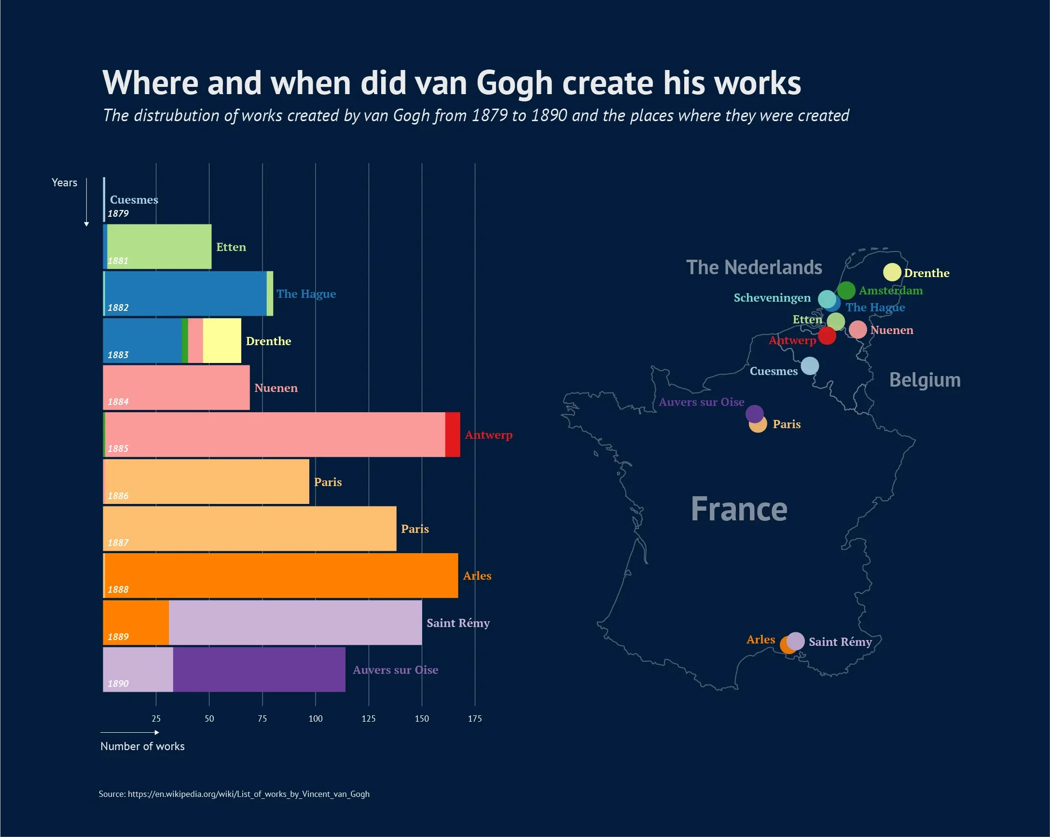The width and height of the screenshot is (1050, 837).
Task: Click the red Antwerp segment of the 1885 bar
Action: point(453,434)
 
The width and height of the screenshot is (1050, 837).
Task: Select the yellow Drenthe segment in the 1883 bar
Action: point(221,341)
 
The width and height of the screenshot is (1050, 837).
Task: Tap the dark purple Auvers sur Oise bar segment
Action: point(259,670)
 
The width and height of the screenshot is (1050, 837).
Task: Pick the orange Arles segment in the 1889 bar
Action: point(136,622)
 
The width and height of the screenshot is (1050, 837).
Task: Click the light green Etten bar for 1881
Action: point(159,247)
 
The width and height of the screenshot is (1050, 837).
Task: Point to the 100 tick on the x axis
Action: point(315,719)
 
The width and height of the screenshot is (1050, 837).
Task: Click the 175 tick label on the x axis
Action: point(474,719)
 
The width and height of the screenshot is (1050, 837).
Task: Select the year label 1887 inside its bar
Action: point(118,543)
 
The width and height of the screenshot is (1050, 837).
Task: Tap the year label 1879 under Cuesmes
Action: point(118,213)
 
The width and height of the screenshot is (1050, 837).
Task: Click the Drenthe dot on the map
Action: point(892,272)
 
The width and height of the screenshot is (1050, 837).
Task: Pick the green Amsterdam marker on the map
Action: point(846,291)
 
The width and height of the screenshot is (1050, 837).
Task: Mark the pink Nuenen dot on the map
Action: point(857,330)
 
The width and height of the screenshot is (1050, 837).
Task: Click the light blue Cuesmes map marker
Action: point(809,366)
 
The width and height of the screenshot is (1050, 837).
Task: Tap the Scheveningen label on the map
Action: point(772,298)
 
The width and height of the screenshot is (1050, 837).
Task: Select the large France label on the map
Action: point(738,509)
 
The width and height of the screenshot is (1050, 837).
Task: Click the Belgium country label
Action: point(925,380)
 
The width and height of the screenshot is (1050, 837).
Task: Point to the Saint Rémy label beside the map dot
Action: point(840,642)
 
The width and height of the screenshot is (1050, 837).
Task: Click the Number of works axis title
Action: point(142,746)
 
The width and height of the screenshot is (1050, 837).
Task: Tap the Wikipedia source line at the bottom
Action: point(234,794)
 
